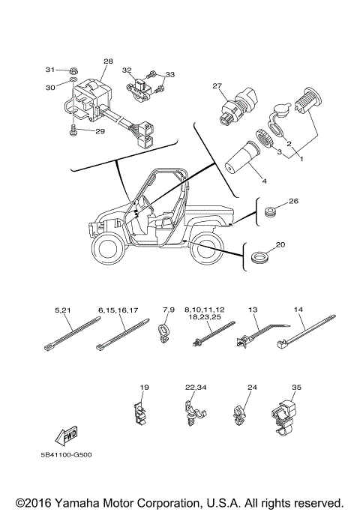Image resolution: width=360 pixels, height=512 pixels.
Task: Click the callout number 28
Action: (x=108, y=61)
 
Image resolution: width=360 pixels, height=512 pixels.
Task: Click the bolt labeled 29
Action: (x=73, y=132)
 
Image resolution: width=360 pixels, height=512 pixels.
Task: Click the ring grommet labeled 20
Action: (x=261, y=258)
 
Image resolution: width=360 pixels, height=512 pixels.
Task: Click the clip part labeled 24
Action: (x=241, y=414)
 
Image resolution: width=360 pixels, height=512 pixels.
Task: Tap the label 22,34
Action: (x=196, y=388)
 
